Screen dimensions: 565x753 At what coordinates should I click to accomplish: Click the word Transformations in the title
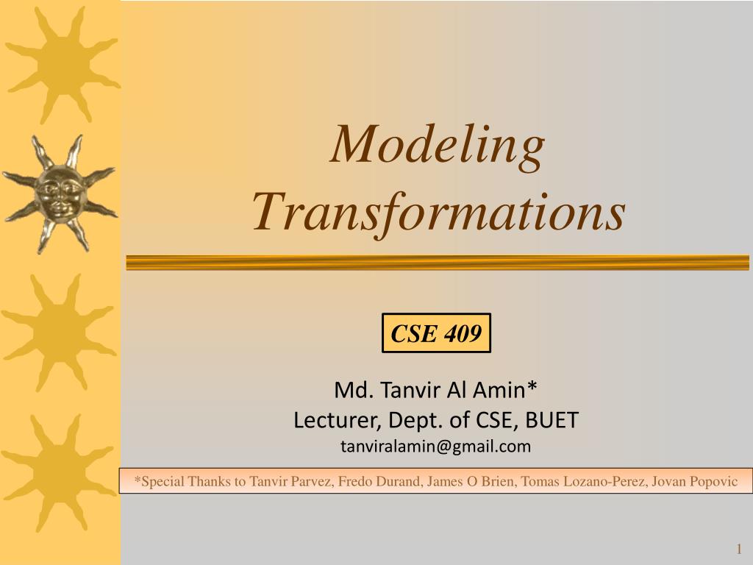click(438, 212)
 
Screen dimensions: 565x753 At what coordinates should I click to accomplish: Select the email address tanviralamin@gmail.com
click(435, 446)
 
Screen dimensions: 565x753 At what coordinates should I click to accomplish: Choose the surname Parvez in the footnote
click(311, 482)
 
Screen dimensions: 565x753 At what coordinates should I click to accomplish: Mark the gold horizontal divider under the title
click(438, 263)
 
